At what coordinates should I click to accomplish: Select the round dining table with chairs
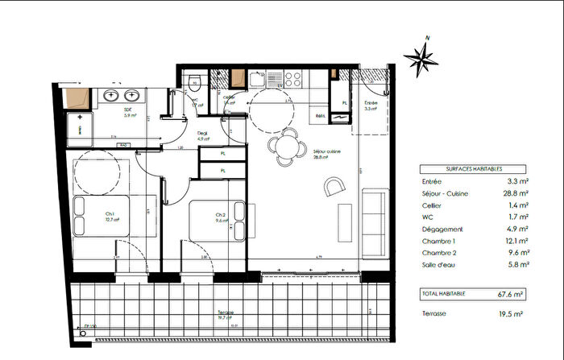pyautogui.click(x=284, y=146)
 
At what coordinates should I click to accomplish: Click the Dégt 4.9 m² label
pyautogui.click(x=203, y=137)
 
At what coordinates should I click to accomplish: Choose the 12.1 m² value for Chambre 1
pyautogui.click(x=516, y=240)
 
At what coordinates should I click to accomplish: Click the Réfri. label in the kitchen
pyautogui.click(x=320, y=116)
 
